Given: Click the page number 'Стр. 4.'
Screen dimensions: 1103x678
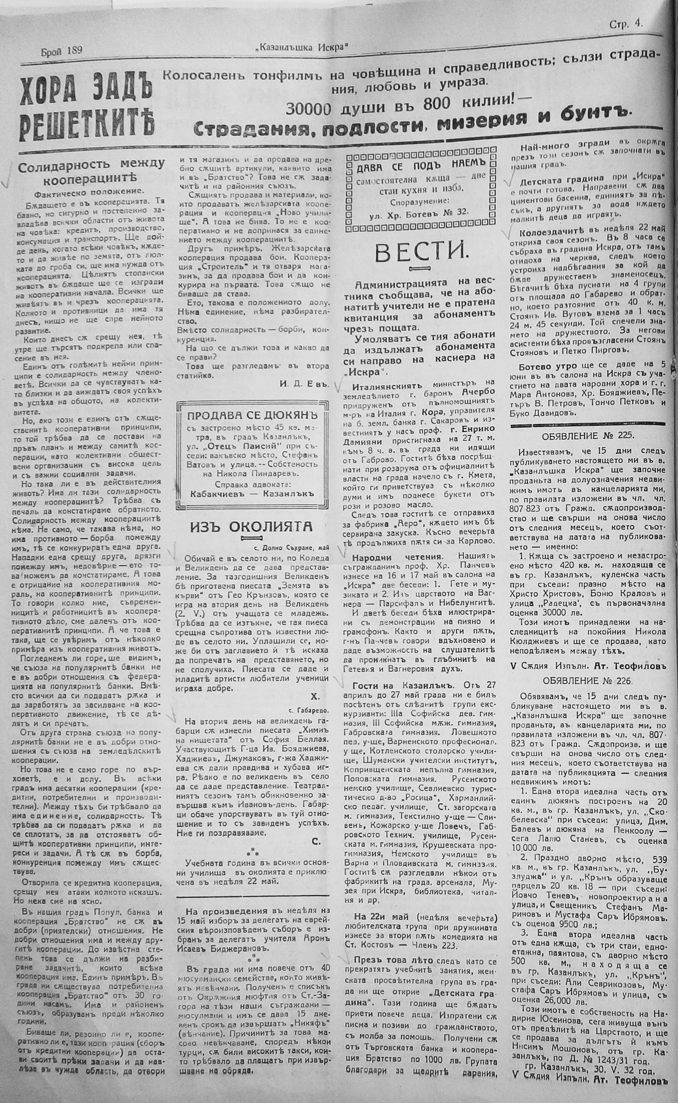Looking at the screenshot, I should click(x=626, y=25).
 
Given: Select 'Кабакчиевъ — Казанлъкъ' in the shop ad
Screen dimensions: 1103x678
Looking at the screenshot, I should click(x=251, y=493).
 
